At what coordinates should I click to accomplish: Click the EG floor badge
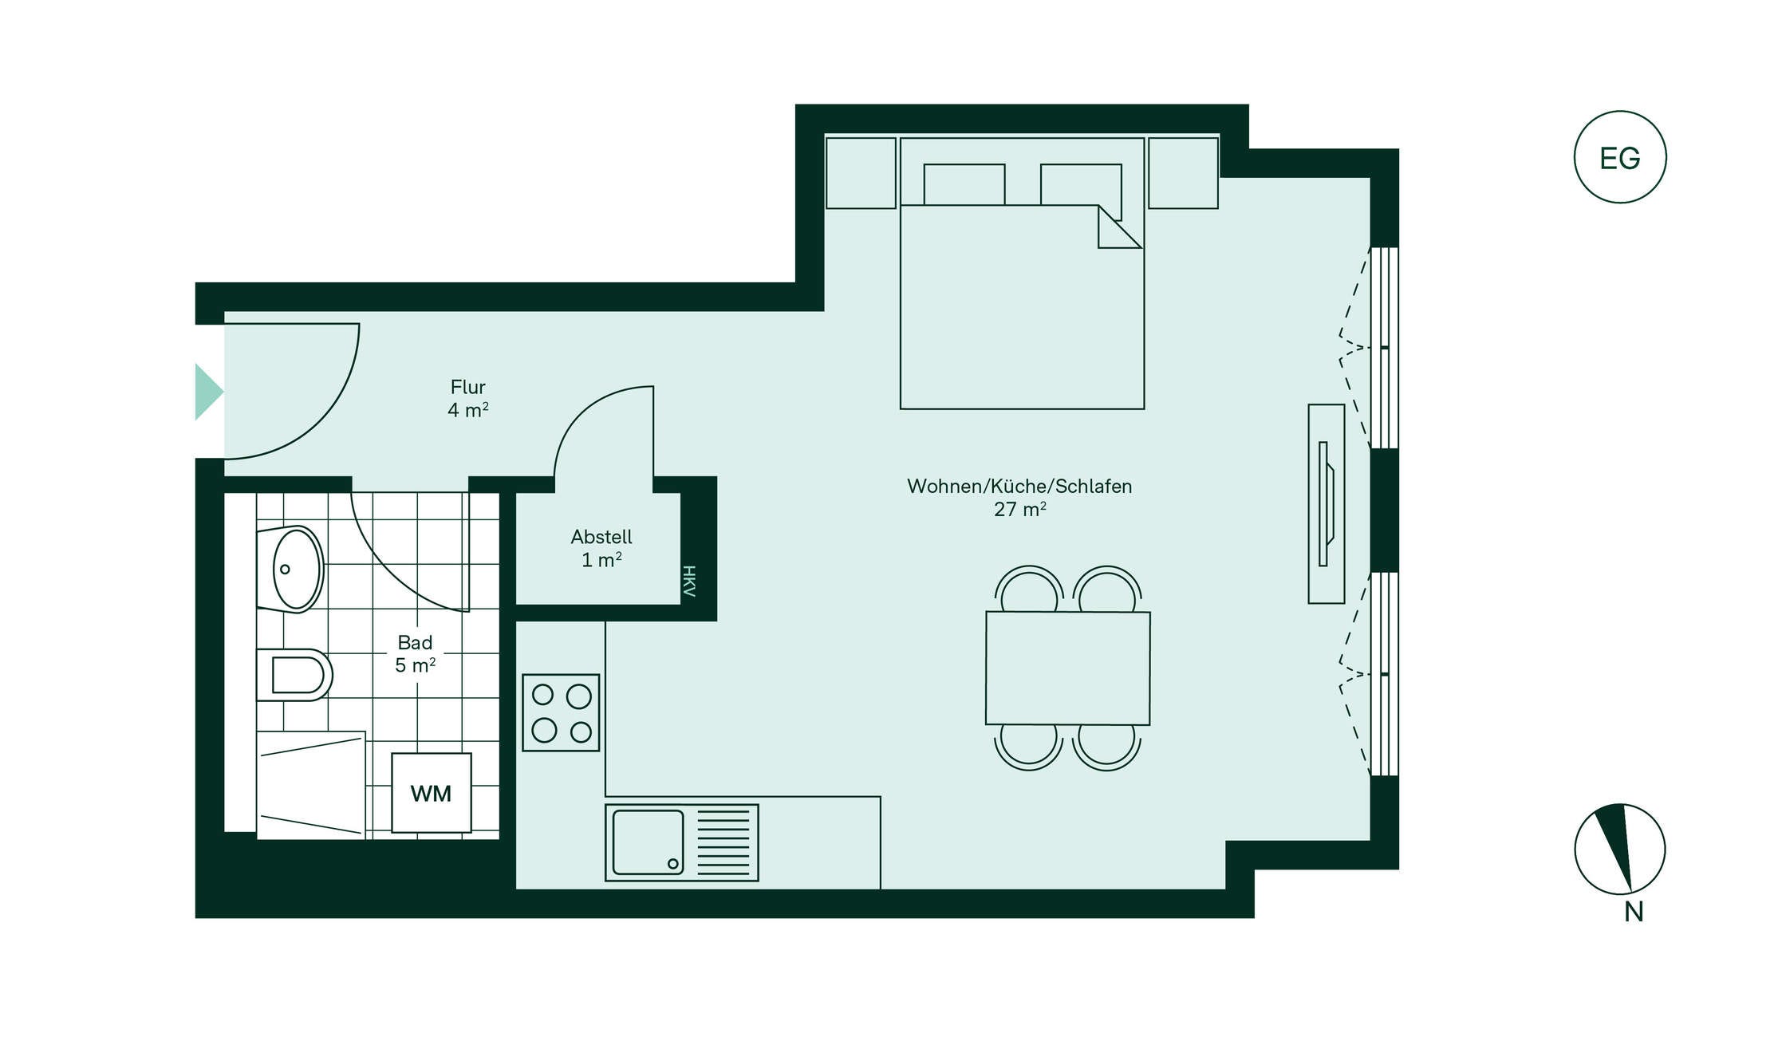pyautogui.click(x=1620, y=157)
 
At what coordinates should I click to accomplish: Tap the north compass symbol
pyautogui.click(x=1620, y=849)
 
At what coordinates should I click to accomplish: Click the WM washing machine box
pyautogui.click(x=431, y=793)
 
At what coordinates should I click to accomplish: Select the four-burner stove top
pyautogui.click(x=561, y=712)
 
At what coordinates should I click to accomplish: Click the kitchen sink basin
pyautogui.click(x=648, y=842)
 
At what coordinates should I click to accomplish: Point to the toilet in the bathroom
pyautogui.click(x=294, y=675)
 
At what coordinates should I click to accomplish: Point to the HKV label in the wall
pyautogui.click(x=689, y=581)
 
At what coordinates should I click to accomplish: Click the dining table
pyautogui.click(x=1067, y=668)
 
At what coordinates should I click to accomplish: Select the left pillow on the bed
pyautogui.click(x=964, y=184)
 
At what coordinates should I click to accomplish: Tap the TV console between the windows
pyautogui.click(x=1326, y=503)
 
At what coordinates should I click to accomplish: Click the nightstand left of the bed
pyautogui.click(x=861, y=173)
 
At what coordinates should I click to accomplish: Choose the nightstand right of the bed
pyautogui.click(x=1183, y=173)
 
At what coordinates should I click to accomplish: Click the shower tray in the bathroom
pyautogui.click(x=310, y=785)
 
